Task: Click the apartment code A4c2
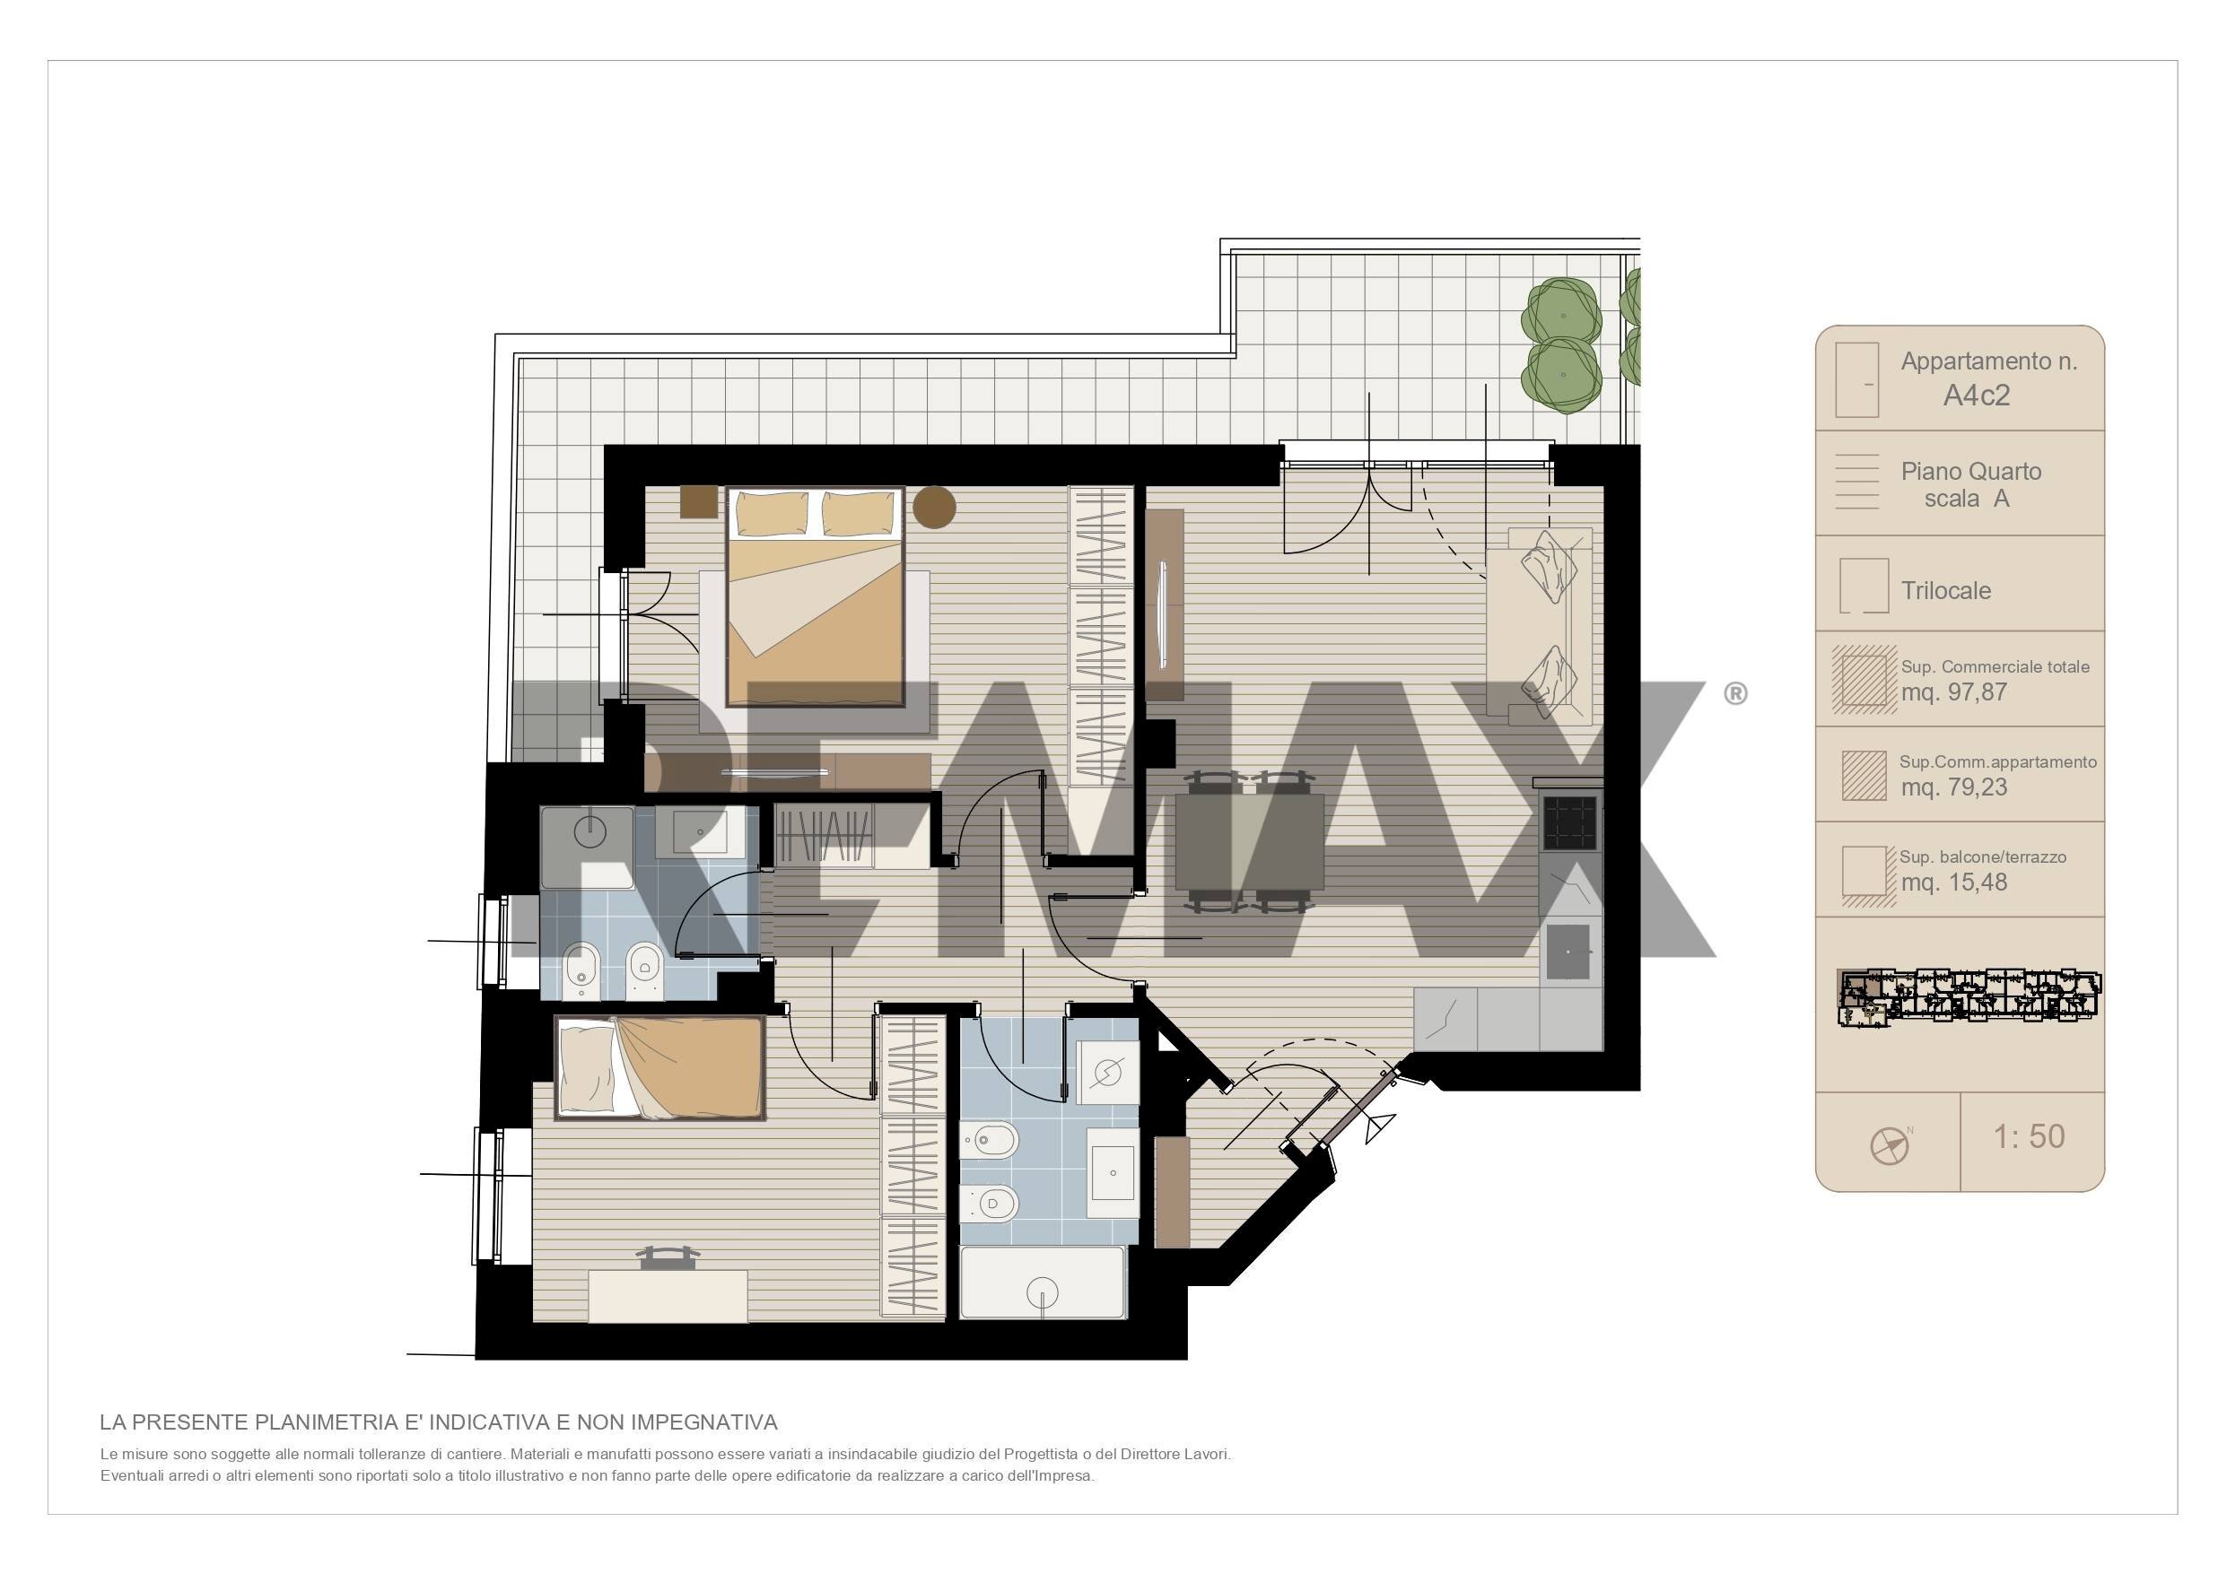[1976, 396]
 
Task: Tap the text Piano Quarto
[1971, 472]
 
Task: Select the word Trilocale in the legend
[1946, 591]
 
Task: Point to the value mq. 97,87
[1953, 692]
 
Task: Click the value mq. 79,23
[1953, 787]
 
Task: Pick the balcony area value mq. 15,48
[1953, 883]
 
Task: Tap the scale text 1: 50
[2028, 1136]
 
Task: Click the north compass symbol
[1890, 1145]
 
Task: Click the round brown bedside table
[934, 506]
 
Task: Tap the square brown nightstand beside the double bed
[698, 501]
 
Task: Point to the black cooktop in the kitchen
[1569, 823]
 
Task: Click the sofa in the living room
[1540, 625]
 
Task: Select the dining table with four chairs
[1249, 842]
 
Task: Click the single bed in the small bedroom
[660, 1068]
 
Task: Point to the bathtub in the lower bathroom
[1043, 1283]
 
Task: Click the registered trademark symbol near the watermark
[1735, 693]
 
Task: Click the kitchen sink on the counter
[1568, 952]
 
